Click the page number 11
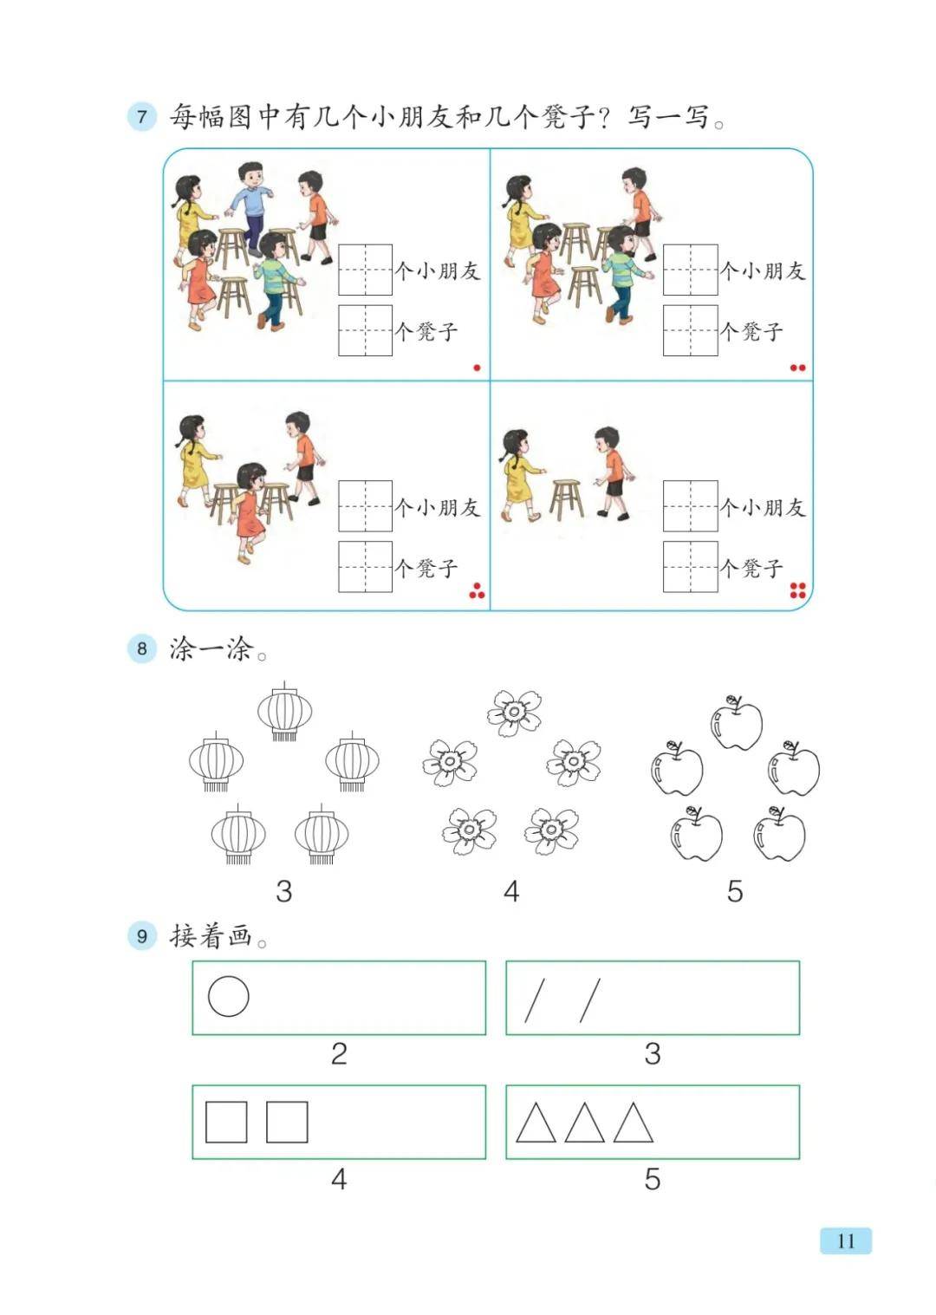pos(846,1241)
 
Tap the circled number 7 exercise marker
pos(142,116)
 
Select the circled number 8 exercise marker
pos(142,648)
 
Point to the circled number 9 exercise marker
pos(142,935)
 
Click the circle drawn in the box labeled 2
pos(228,997)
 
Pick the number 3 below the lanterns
pos(284,891)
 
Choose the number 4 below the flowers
pos(511,891)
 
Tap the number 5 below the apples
pos(735,891)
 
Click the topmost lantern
pos(284,712)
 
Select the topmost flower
pos(514,713)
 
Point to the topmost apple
pos(737,723)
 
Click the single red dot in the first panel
pos(477,368)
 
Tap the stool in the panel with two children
pos(566,499)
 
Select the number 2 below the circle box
pos(339,1054)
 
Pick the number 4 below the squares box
pos(339,1179)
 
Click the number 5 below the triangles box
pos(653,1179)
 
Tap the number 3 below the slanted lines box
pos(653,1054)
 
